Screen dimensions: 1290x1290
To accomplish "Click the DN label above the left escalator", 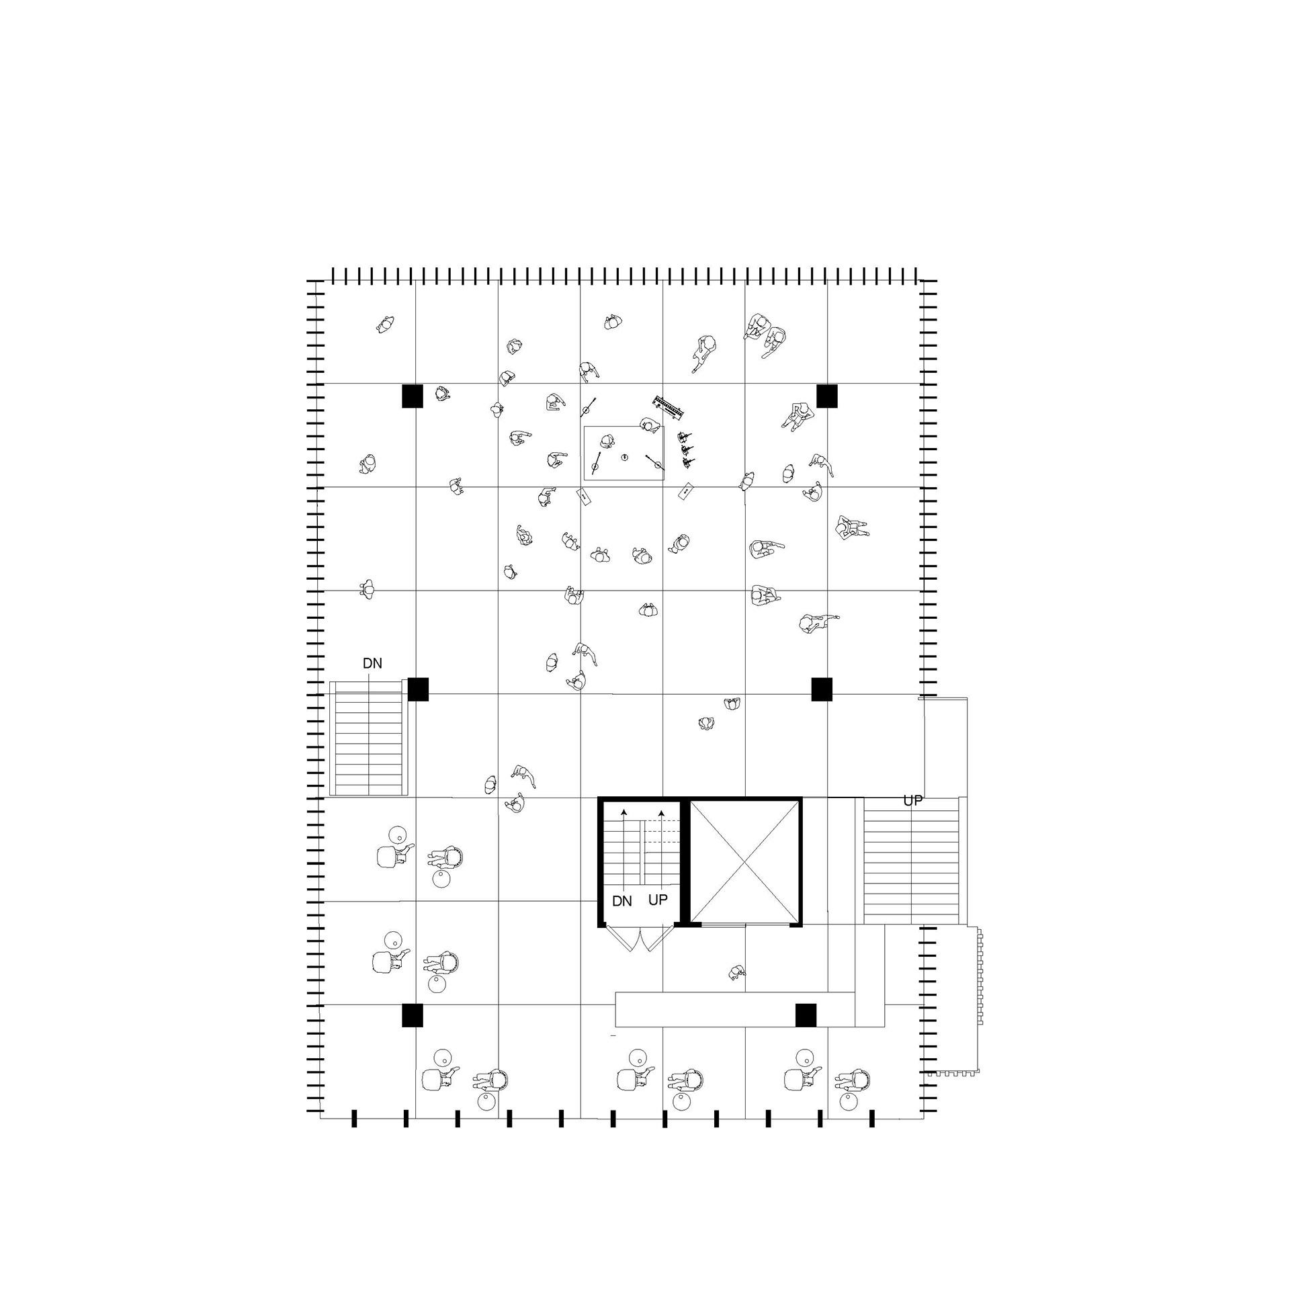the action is [372, 663].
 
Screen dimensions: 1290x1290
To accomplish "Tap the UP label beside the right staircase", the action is [912, 801].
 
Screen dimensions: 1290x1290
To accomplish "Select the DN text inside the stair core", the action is [622, 901].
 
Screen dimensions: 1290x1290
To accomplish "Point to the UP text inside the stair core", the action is [658, 900].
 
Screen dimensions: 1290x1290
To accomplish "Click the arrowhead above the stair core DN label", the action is [624, 812].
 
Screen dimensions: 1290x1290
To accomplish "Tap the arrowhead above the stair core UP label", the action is [662, 812].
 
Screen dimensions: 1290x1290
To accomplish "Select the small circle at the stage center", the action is [624, 458].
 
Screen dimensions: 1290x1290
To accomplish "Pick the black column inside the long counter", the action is [806, 1015].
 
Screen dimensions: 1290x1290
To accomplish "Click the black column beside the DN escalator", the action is [418, 689].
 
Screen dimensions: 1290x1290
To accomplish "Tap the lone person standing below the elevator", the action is [737, 972].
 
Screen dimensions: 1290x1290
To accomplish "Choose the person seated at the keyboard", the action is [649, 425].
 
